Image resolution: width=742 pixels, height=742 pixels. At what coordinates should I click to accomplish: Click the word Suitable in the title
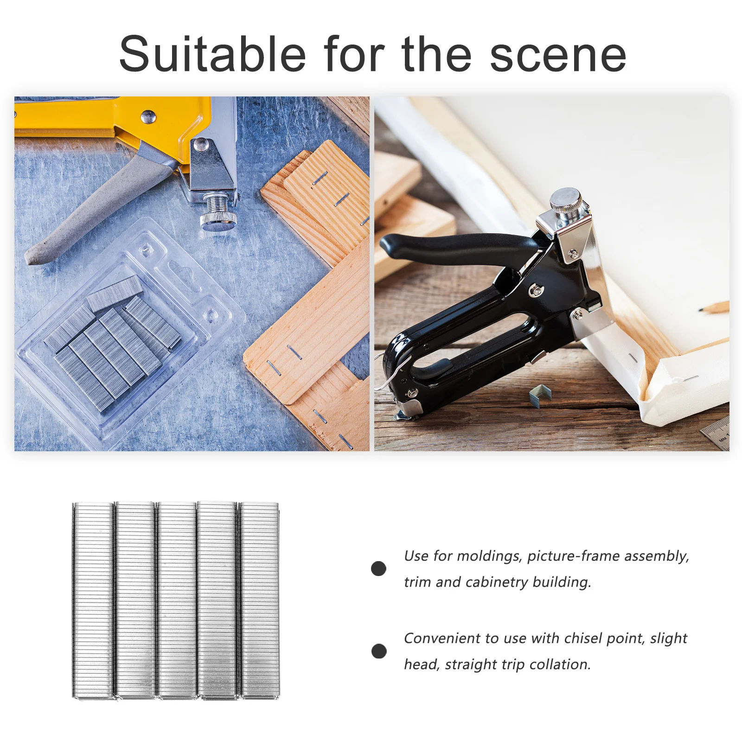click(x=212, y=54)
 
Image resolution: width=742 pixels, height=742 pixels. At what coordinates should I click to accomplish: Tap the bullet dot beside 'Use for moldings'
click(x=378, y=569)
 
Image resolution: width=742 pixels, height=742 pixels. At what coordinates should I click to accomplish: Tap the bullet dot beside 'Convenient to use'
click(x=379, y=651)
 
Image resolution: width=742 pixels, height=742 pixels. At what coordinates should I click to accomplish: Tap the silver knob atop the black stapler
click(x=565, y=201)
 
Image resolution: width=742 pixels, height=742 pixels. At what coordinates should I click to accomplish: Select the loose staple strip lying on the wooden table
click(x=540, y=395)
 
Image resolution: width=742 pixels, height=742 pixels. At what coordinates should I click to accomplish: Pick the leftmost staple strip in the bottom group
click(x=93, y=600)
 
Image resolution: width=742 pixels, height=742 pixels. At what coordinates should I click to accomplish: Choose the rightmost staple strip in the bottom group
click(x=260, y=600)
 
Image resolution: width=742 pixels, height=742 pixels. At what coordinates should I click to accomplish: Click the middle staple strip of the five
click(x=176, y=600)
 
